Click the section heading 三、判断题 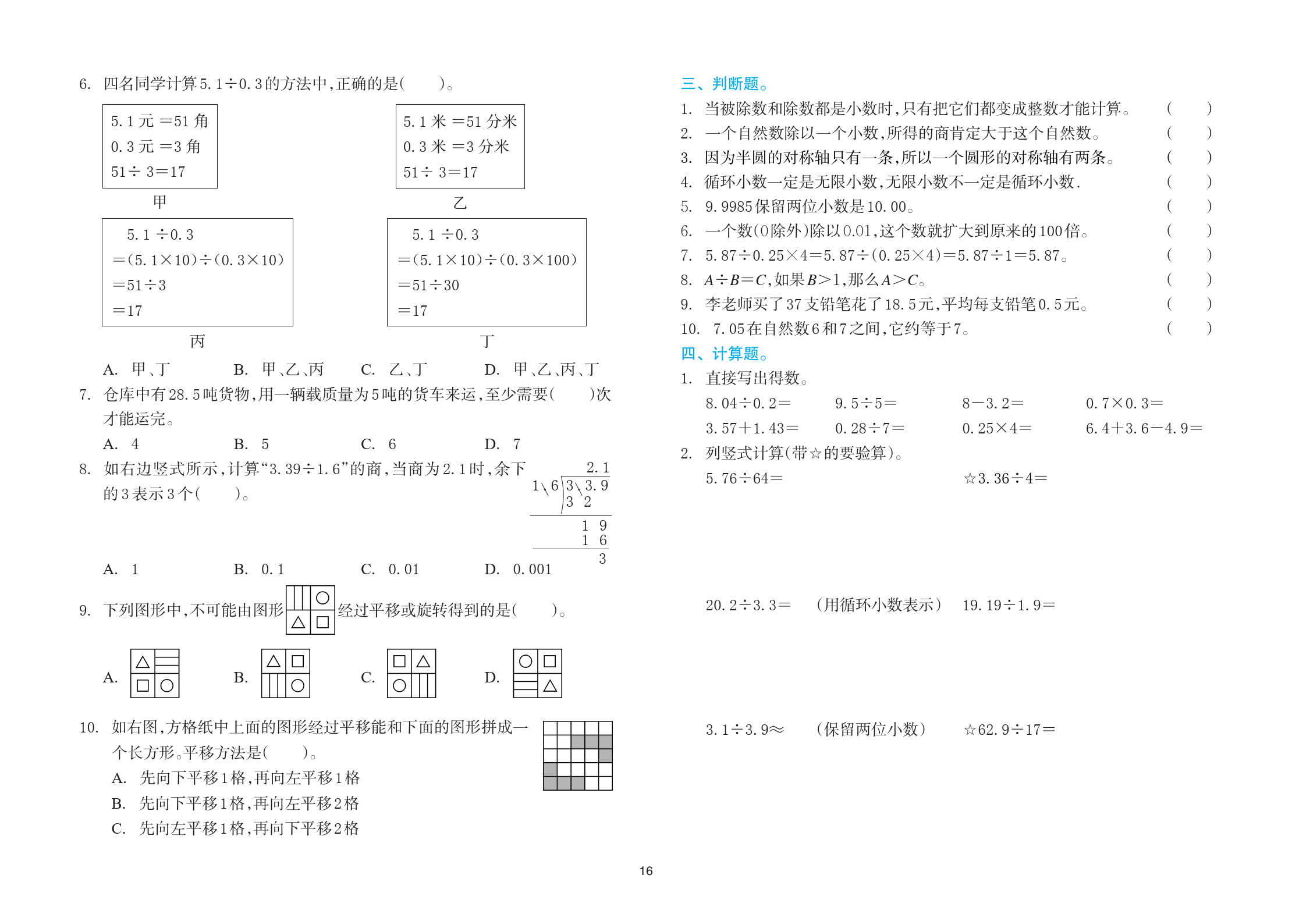coord(724,84)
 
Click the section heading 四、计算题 coord(724,354)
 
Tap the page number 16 coord(646,871)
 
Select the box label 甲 coord(160,202)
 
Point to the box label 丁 coord(487,341)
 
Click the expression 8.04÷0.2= coord(748,403)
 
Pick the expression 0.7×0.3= coord(1124,403)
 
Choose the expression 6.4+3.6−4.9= coord(1144,428)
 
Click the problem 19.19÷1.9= coord(1008,605)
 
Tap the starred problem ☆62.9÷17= coord(1009,730)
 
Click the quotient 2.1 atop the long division coord(598,468)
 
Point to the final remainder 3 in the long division coord(602,559)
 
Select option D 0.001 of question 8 coord(519,569)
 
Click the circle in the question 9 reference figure coord(322,598)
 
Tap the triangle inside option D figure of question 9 coord(550,687)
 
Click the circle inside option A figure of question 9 coord(167,686)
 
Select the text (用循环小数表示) coord(878,605)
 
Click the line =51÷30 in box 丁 coord(429,285)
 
